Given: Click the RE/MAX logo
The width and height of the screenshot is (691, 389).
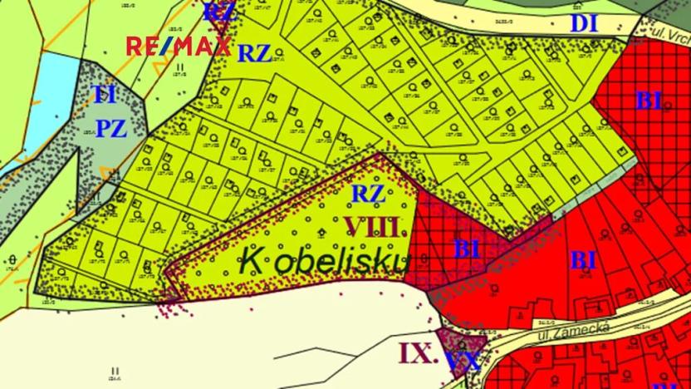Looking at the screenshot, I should pos(178,46).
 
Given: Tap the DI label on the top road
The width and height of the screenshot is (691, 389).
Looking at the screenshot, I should pos(585,23).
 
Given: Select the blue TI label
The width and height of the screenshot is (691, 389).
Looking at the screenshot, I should pos(104,95).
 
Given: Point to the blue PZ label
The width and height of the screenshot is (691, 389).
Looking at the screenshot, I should pos(110,129).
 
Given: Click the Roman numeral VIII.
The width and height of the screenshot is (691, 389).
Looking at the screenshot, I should pos(376,226).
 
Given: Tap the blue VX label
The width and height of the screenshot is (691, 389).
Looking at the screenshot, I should pos(463,360).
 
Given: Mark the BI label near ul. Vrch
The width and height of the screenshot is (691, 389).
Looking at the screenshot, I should pos(649,101).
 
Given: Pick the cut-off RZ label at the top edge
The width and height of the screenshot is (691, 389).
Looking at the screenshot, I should pos(218,11).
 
